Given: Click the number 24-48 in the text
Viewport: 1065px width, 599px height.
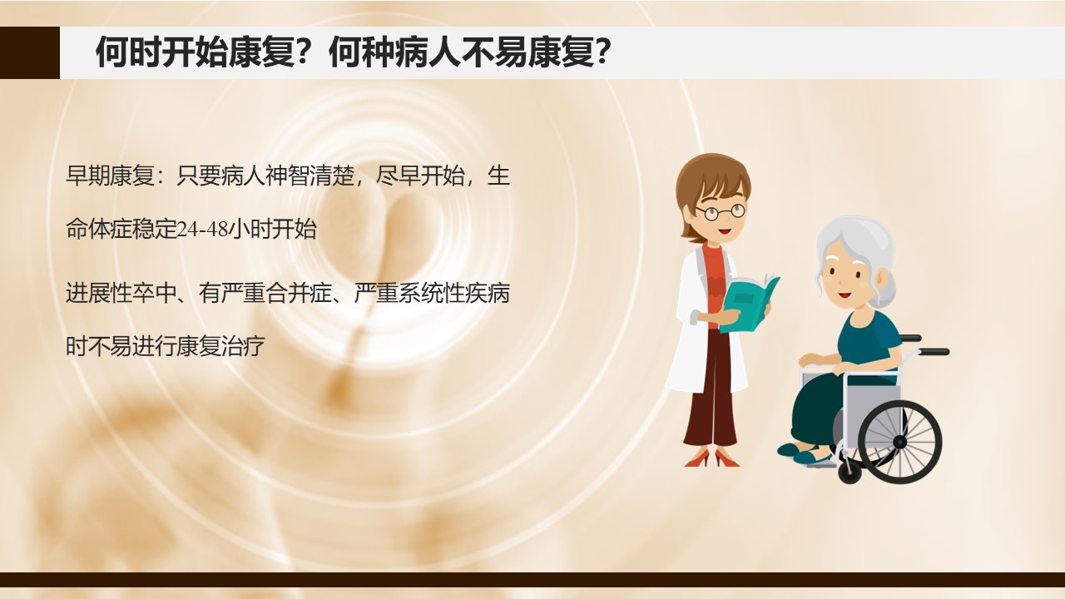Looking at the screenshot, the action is (x=202, y=229).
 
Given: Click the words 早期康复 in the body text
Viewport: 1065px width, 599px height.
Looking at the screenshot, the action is (x=110, y=176).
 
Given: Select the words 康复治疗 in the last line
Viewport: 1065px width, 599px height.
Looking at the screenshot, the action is (x=220, y=346).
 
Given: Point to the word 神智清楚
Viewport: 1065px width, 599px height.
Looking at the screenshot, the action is (x=310, y=176).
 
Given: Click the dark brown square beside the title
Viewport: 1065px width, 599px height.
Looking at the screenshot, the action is (x=30, y=52).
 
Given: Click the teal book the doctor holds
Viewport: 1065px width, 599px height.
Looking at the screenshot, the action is (x=749, y=304).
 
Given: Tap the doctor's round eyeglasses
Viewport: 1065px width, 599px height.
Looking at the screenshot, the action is (x=721, y=211).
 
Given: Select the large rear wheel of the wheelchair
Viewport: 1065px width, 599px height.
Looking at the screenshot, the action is (x=900, y=442).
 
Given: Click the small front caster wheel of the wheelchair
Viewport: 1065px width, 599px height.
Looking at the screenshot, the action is (x=850, y=472).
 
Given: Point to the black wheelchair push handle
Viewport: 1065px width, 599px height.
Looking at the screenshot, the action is (x=934, y=352).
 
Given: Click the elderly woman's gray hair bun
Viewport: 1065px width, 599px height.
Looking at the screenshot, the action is (x=885, y=285).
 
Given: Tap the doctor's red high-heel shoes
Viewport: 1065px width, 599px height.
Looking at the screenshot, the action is (x=712, y=458).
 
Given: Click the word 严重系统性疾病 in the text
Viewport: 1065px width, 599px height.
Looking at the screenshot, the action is (x=432, y=293).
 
